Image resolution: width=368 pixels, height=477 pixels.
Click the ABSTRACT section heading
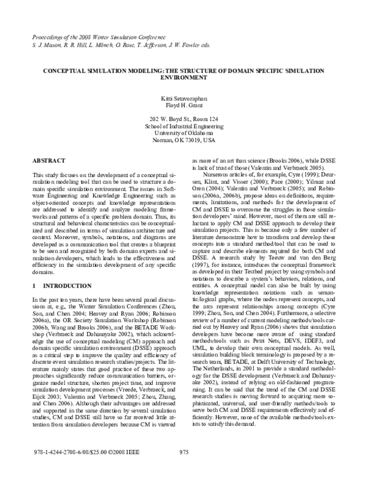click(x=49, y=160)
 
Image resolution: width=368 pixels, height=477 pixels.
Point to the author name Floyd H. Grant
click(x=183, y=106)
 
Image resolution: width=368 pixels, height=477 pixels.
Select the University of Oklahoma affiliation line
click(x=183, y=132)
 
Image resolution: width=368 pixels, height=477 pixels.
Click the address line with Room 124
click(x=183, y=118)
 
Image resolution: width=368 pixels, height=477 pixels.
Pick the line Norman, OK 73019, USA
click(x=183, y=140)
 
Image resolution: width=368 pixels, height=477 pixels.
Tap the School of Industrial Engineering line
click(x=183, y=125)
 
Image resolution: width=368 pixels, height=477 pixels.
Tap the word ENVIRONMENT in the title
click(x=183, y=79)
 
